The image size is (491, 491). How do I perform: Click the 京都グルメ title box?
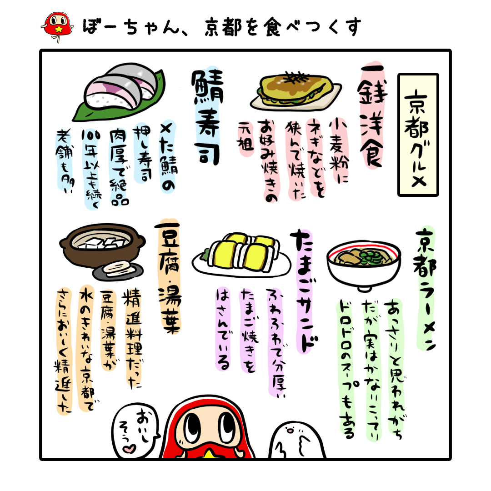click(x=418, y=135)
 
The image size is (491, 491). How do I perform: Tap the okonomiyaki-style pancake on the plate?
click(x=296, y=89)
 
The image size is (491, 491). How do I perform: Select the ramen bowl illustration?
click(x=363, y=264)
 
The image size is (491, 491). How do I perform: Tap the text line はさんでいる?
click(x=223, y=330)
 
